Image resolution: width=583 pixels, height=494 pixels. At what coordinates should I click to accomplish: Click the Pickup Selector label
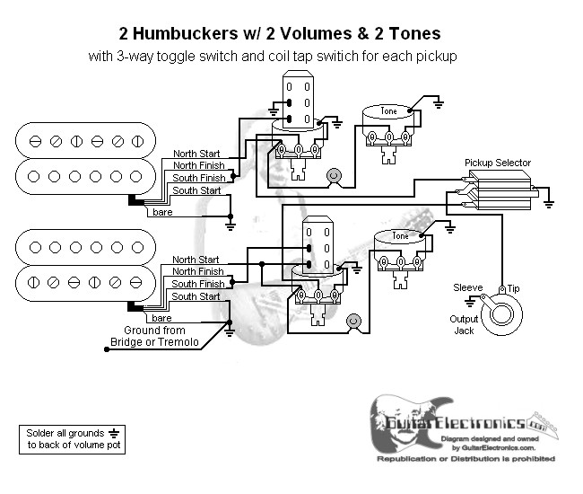(497, 163)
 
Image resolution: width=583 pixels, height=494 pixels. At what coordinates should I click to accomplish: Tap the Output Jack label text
(464, 324)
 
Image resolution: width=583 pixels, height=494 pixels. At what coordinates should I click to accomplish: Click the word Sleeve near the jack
(468, 288)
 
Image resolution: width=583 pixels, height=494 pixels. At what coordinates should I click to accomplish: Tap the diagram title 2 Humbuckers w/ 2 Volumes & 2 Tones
(279, 34)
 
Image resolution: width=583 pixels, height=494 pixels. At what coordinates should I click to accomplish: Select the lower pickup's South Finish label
(197, 284)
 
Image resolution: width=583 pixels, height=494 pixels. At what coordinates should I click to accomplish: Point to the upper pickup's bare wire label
(162, 213)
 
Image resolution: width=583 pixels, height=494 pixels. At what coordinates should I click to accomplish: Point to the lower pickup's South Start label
(196, 296)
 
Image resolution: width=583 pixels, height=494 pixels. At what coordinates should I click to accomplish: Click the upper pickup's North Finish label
(198, 165)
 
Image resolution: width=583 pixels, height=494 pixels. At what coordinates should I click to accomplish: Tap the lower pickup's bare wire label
(162, 318)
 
